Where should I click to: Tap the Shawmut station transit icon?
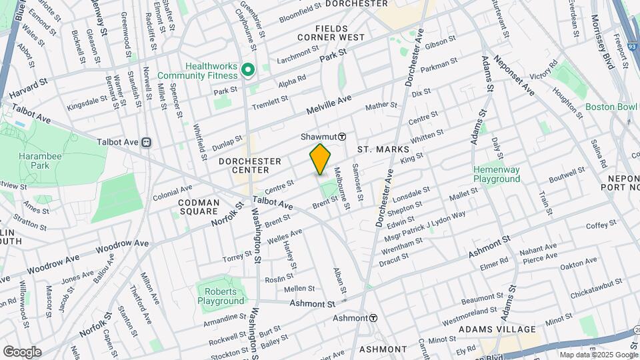(x=341, y=136)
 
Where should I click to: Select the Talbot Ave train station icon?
(x=145, y=141)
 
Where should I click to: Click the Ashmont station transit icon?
(x=373, y=318)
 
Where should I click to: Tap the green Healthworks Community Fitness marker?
(x=247, y=69)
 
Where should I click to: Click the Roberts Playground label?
(x=221, y=296)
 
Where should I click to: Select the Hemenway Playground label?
(x=497, y=174)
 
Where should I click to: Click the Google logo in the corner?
(x=22, y=351)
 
